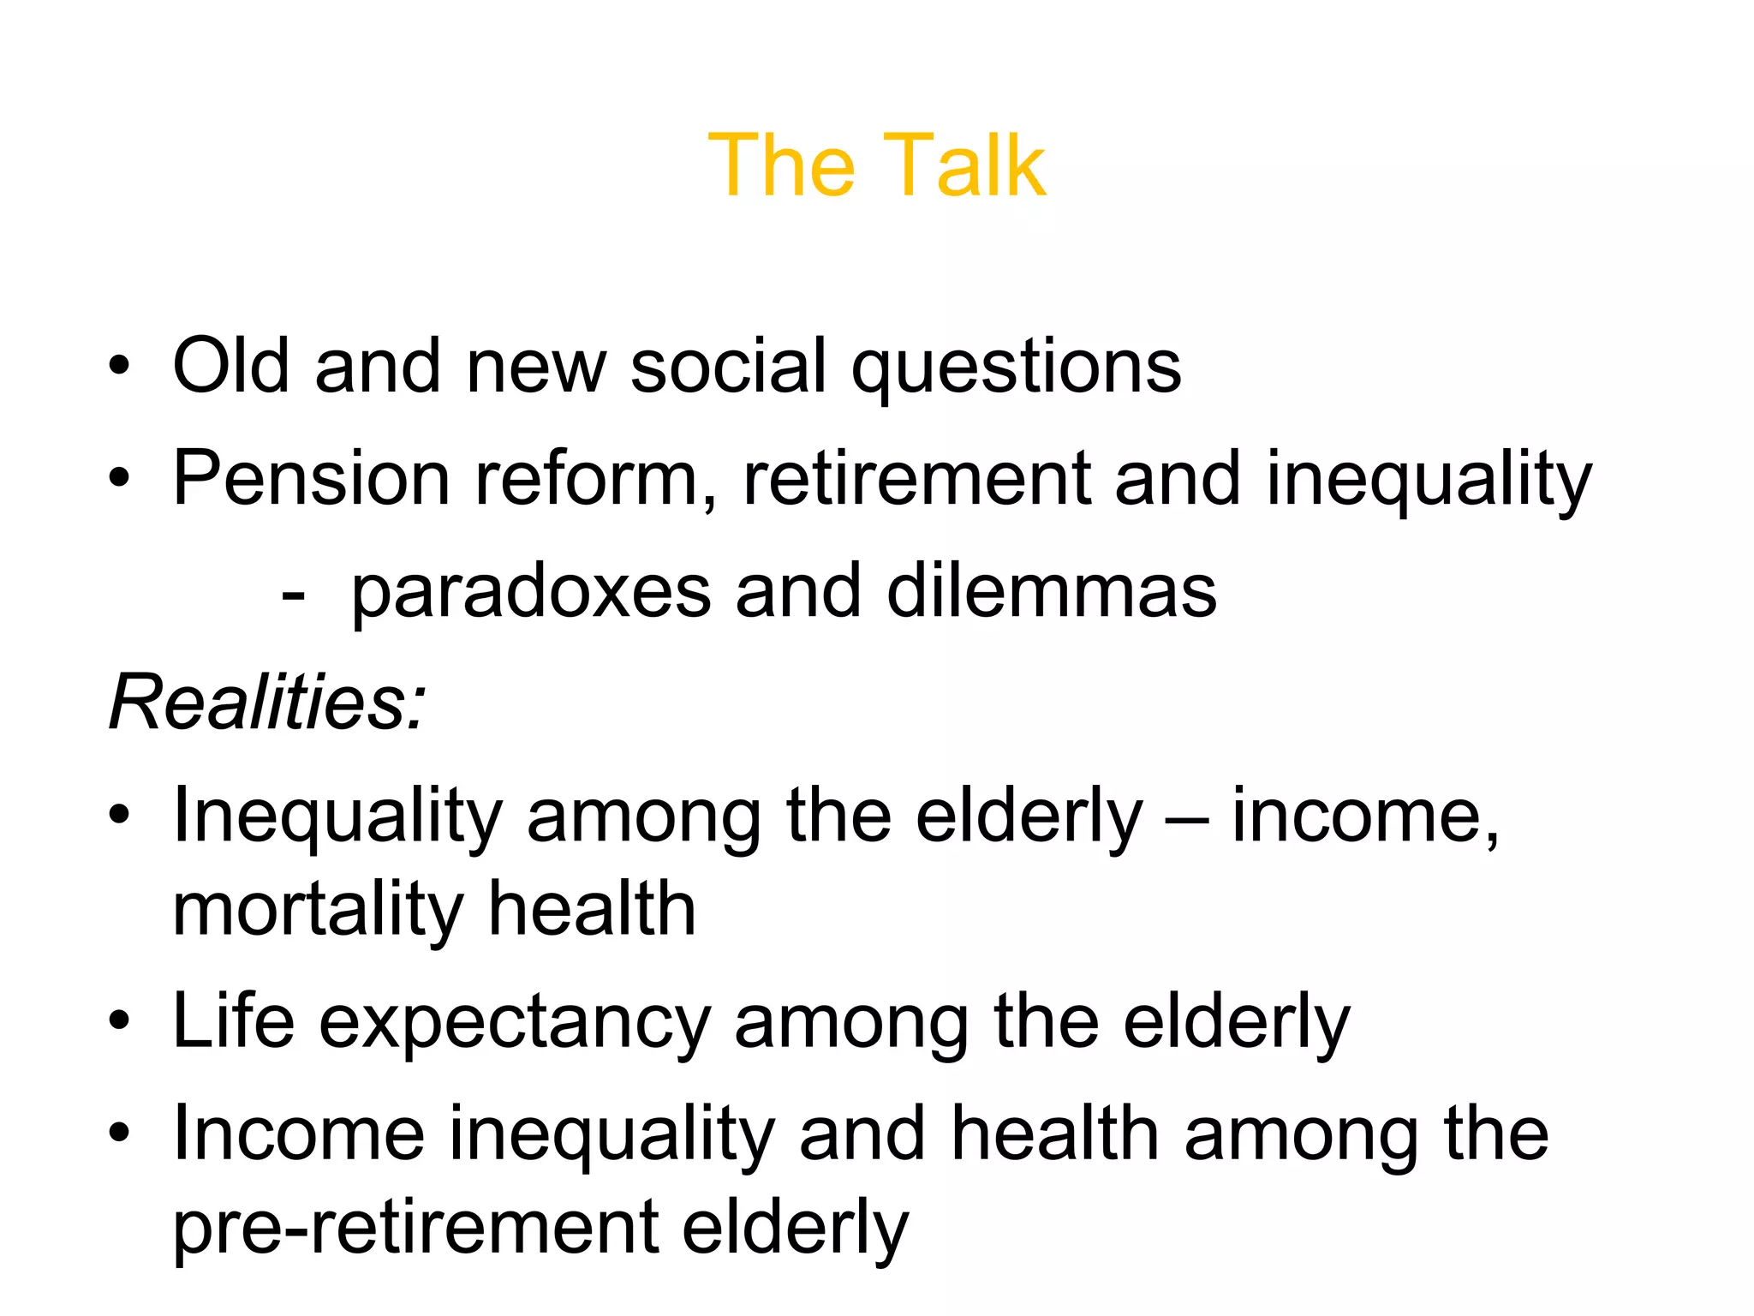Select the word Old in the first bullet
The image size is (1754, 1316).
click(x=231, y=366)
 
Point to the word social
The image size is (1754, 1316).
click(x=728, y=366)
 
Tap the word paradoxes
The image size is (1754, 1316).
click(x=531, y=593)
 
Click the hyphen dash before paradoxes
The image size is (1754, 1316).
click(x=292, y=594)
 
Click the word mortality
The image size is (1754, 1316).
click(x=318, y=910)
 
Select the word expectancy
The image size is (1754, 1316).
click(x=515, y=1025)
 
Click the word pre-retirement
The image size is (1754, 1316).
click(x=415, y=1228)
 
